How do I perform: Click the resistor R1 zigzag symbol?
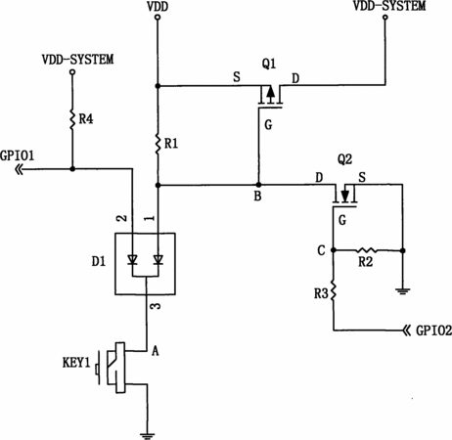(158, 143)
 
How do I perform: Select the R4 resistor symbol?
(72, 119)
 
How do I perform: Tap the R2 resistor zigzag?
(367, 250)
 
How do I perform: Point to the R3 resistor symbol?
(333, 290)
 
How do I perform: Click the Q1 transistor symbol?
(270, 96)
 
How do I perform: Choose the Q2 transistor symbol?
(344, 196)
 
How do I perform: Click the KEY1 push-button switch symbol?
(112, 368)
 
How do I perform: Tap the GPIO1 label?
(17, 155)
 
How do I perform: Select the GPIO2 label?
(433, 330)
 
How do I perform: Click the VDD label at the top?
(158, 6)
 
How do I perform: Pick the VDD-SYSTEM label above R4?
(77, 60)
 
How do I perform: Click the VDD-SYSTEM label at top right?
(389, 6)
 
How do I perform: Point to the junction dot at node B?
(258, 185)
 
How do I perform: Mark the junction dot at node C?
(333, 250)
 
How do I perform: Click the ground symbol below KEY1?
(147, 436)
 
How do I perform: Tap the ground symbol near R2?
(402, 290)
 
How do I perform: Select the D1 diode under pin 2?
(132, 260)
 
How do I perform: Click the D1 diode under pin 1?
(158, 260)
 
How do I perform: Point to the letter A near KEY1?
(156, 351)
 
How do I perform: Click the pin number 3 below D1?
(157, 306)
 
